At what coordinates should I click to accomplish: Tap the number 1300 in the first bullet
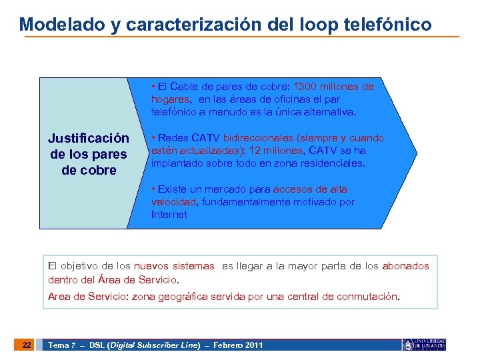(x=307, y=87)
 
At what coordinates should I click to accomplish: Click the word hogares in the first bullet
(x=170, y=99)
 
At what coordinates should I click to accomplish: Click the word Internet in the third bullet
(x=169, y=215)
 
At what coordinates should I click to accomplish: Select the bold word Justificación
(x=89, y=139)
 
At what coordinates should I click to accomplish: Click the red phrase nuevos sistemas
(x=174, y=266)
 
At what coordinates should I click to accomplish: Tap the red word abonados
(x=405, y=266)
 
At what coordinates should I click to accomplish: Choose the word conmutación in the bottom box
(x=367, y=297)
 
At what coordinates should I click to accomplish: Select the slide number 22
(x=27, y=345)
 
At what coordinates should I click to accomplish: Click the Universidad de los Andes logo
(x=424, y=345)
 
